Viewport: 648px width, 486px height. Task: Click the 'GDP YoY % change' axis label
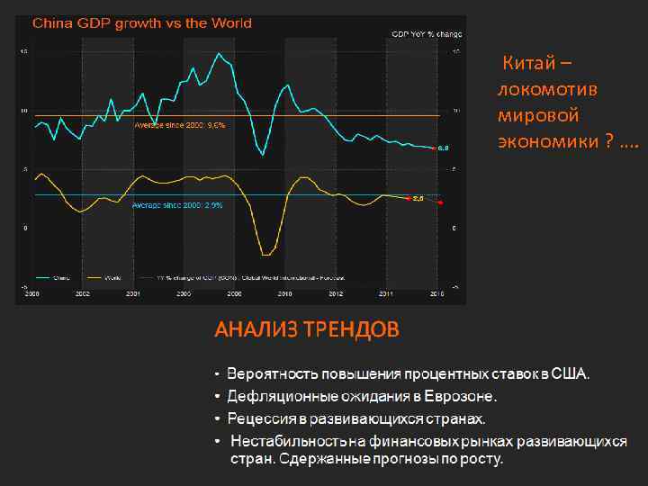click(425, 33)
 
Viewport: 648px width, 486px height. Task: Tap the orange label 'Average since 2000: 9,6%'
click(180, 125)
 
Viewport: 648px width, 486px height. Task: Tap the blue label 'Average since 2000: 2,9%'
click(177, 205)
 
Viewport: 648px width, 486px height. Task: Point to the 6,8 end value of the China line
click(443, 148)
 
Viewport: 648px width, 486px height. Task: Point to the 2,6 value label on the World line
click(418, 199)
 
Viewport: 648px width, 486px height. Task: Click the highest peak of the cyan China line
click(219, 53)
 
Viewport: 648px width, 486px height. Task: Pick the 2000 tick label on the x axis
click(31, 294)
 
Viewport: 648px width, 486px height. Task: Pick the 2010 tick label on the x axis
click(284, 294)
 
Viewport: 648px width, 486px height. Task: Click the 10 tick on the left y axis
click(24, 111)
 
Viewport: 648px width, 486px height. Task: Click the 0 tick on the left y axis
click(24, 229)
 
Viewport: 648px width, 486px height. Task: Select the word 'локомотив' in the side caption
click(535, 90)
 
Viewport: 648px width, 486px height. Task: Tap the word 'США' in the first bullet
click(571, 373)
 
